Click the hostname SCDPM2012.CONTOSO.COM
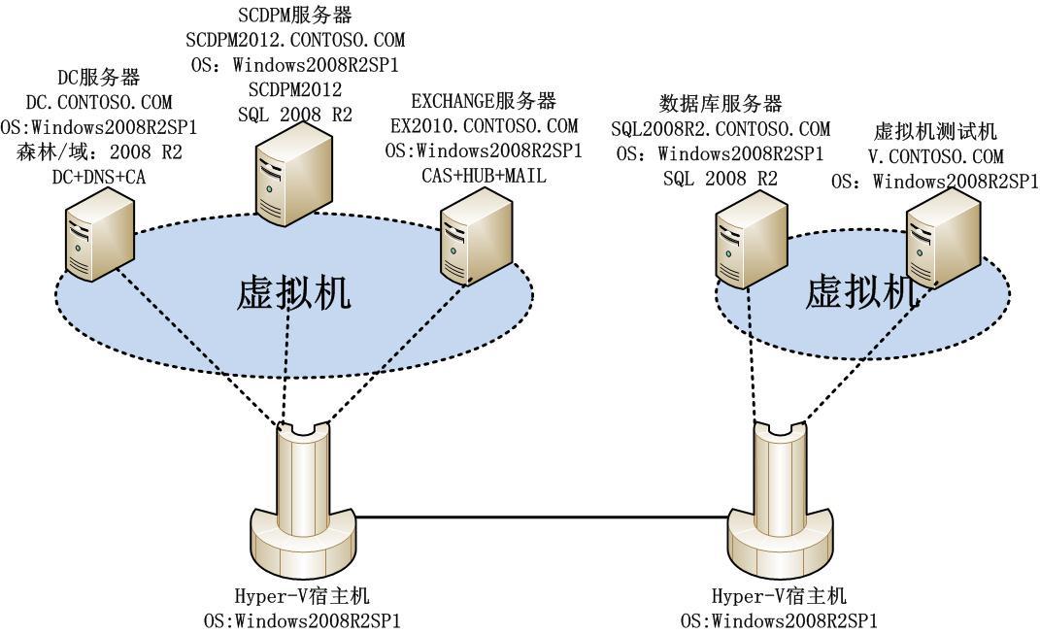coord(295,41)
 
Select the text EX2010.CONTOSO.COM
coord(484,126)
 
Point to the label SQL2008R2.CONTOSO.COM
coord(721,128)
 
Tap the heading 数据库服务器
coord(721,104)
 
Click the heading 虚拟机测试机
coord(936,131)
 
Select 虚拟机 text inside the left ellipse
coord(293,293)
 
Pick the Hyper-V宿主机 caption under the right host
coord(779,595)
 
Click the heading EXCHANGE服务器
coord(483,102)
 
